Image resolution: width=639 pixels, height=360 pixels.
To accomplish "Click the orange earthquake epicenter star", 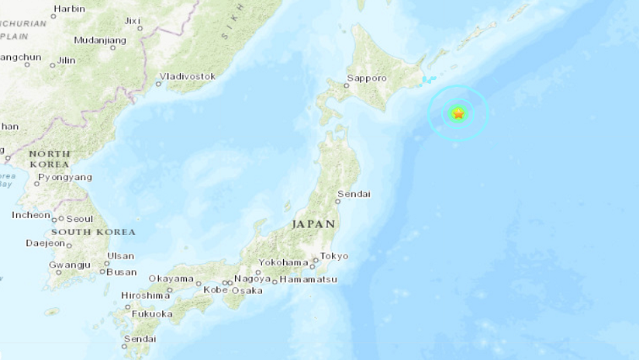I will pyautogui.click(x=458, y=114).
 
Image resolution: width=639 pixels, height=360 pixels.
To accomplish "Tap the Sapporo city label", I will pyautogui.click(x=365, y=78).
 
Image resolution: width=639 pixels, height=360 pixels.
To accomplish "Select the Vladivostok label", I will pyautogui.click(x=186, y=77).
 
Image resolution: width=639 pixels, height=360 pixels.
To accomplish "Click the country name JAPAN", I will pyautogui.click(x=313, y=224).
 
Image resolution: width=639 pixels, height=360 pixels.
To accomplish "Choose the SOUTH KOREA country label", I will pyautogui.click(x=93, y=232).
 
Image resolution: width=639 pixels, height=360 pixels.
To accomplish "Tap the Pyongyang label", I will pyautogui.click(x=65, y=177).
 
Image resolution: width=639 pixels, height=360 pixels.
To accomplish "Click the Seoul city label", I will pyautogui.click(x=80, y=219).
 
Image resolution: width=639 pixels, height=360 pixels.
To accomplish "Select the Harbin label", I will pyautogui.click(x=69, y=9).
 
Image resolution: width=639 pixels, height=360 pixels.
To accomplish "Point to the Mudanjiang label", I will pyautogui.click(x=100, y=40).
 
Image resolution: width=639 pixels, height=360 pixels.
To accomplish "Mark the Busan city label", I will pyautogui.click(x=121, y=272).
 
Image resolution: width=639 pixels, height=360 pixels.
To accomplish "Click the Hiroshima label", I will pyautogui.click(x=145, y=296).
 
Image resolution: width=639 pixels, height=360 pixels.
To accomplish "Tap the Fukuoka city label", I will pyautogui.click(x=151, y=314).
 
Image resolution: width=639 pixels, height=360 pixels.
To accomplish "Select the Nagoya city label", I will pyautogui.click(x=253, y=279).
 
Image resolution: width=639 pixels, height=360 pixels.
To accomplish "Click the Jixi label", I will pyautogui.click(x=133, y=20).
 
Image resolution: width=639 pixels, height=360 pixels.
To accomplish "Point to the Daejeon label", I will pyautogui.click(x=45, y=243).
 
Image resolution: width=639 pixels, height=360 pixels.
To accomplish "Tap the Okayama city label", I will pyautogui.click(x=171, y=279).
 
